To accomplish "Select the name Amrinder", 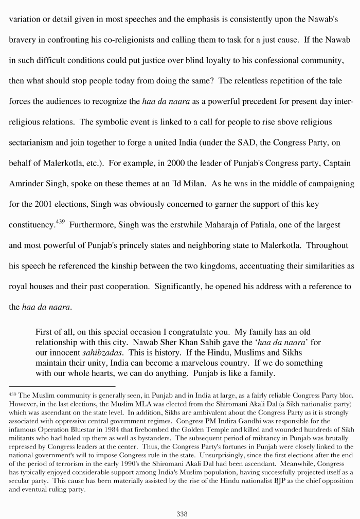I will tap(27, 184).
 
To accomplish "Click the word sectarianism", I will tap(32, 142).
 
